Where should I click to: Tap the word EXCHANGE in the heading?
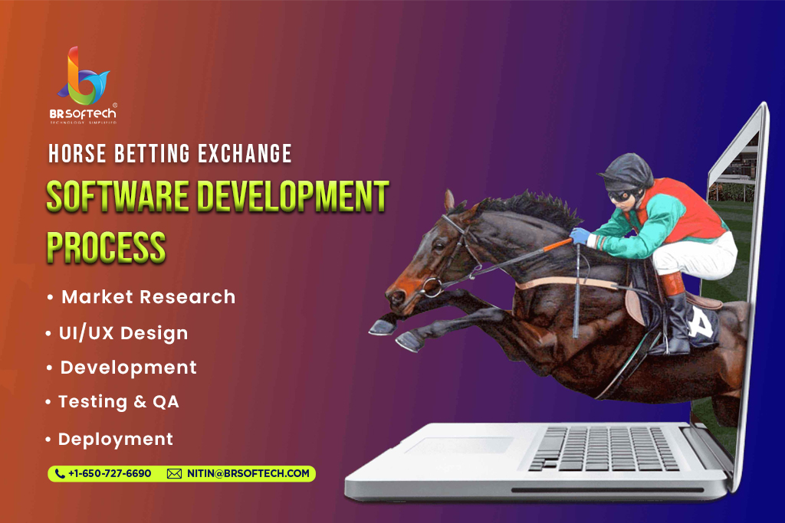tap(245, 153)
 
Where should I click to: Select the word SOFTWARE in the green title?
tap(117, 196)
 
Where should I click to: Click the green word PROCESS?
tap(106, 247)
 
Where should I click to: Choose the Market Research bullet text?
tap(148, 297)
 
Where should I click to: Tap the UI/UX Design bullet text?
tap(123, 334)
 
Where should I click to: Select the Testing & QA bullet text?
tap(119, 401)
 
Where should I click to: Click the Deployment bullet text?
tap(116, 440)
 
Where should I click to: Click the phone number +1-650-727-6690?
tap(110, 473)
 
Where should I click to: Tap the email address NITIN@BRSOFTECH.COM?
tap(248, 473)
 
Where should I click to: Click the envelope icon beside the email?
tap(174, 473)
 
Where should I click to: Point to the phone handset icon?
tap(60, 473)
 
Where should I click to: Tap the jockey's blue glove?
tap(580, 236)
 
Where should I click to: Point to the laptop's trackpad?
tap(459, 446)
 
